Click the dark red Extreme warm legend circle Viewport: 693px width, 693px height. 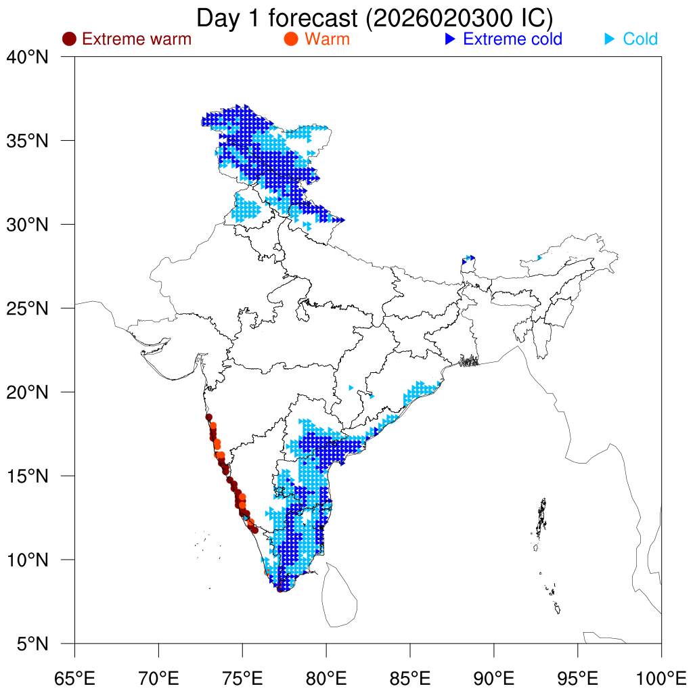[x=68, y=39]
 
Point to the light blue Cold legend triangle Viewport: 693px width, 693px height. [x=609, y=39]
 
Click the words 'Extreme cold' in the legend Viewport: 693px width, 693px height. [x=513, y=39]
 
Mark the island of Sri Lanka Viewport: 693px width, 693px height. [x=338, y=596]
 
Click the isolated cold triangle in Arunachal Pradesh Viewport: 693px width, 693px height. [x=539, y=257]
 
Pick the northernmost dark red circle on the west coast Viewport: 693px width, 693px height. [x=209, y=417]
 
